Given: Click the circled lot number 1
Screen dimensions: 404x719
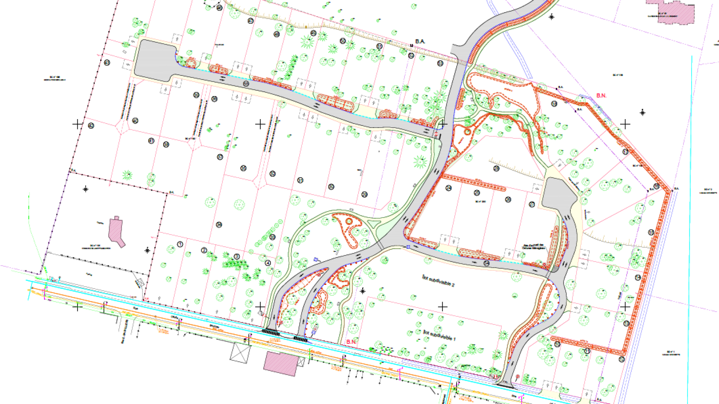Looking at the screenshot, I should point(180,244).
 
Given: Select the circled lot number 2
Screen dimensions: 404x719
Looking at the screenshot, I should point(204,250).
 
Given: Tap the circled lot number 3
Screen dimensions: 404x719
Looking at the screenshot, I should point(237,257).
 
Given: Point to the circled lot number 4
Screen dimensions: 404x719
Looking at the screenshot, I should point(268,263).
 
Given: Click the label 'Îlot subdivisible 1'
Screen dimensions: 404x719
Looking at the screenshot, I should point(439,335).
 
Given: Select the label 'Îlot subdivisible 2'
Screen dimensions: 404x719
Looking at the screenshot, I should point(438,281).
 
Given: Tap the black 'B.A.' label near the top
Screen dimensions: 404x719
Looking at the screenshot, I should point(420,41).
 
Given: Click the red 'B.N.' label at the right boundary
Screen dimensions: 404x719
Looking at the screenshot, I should point(601,96).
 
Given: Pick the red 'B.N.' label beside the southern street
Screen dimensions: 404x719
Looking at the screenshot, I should point(351,342).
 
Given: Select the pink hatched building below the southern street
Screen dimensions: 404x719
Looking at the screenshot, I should point(281,363).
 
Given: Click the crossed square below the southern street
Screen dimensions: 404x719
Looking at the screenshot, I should point(240,352).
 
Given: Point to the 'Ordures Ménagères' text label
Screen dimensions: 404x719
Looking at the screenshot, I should point(533,247).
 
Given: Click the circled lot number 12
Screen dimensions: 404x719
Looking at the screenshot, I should point(621,359).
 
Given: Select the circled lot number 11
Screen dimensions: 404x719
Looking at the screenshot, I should point(587,351).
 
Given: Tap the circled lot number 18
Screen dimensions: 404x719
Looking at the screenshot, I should point(554,104).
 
